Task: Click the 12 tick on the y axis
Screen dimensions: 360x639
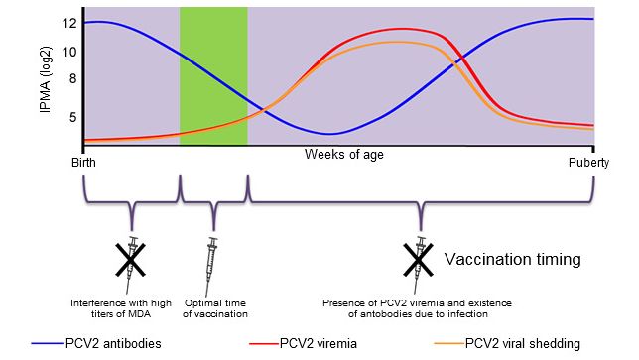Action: point(69,22)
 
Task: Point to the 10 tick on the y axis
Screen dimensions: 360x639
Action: point(69,52)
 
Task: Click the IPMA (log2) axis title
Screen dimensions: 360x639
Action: point(45,77)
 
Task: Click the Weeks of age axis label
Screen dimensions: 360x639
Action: point(343,155)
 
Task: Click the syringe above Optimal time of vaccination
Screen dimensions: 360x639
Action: point(211,260)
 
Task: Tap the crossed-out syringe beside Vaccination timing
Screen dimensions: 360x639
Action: point(420,259)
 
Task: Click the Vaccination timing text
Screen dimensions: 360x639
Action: point(511,260)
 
